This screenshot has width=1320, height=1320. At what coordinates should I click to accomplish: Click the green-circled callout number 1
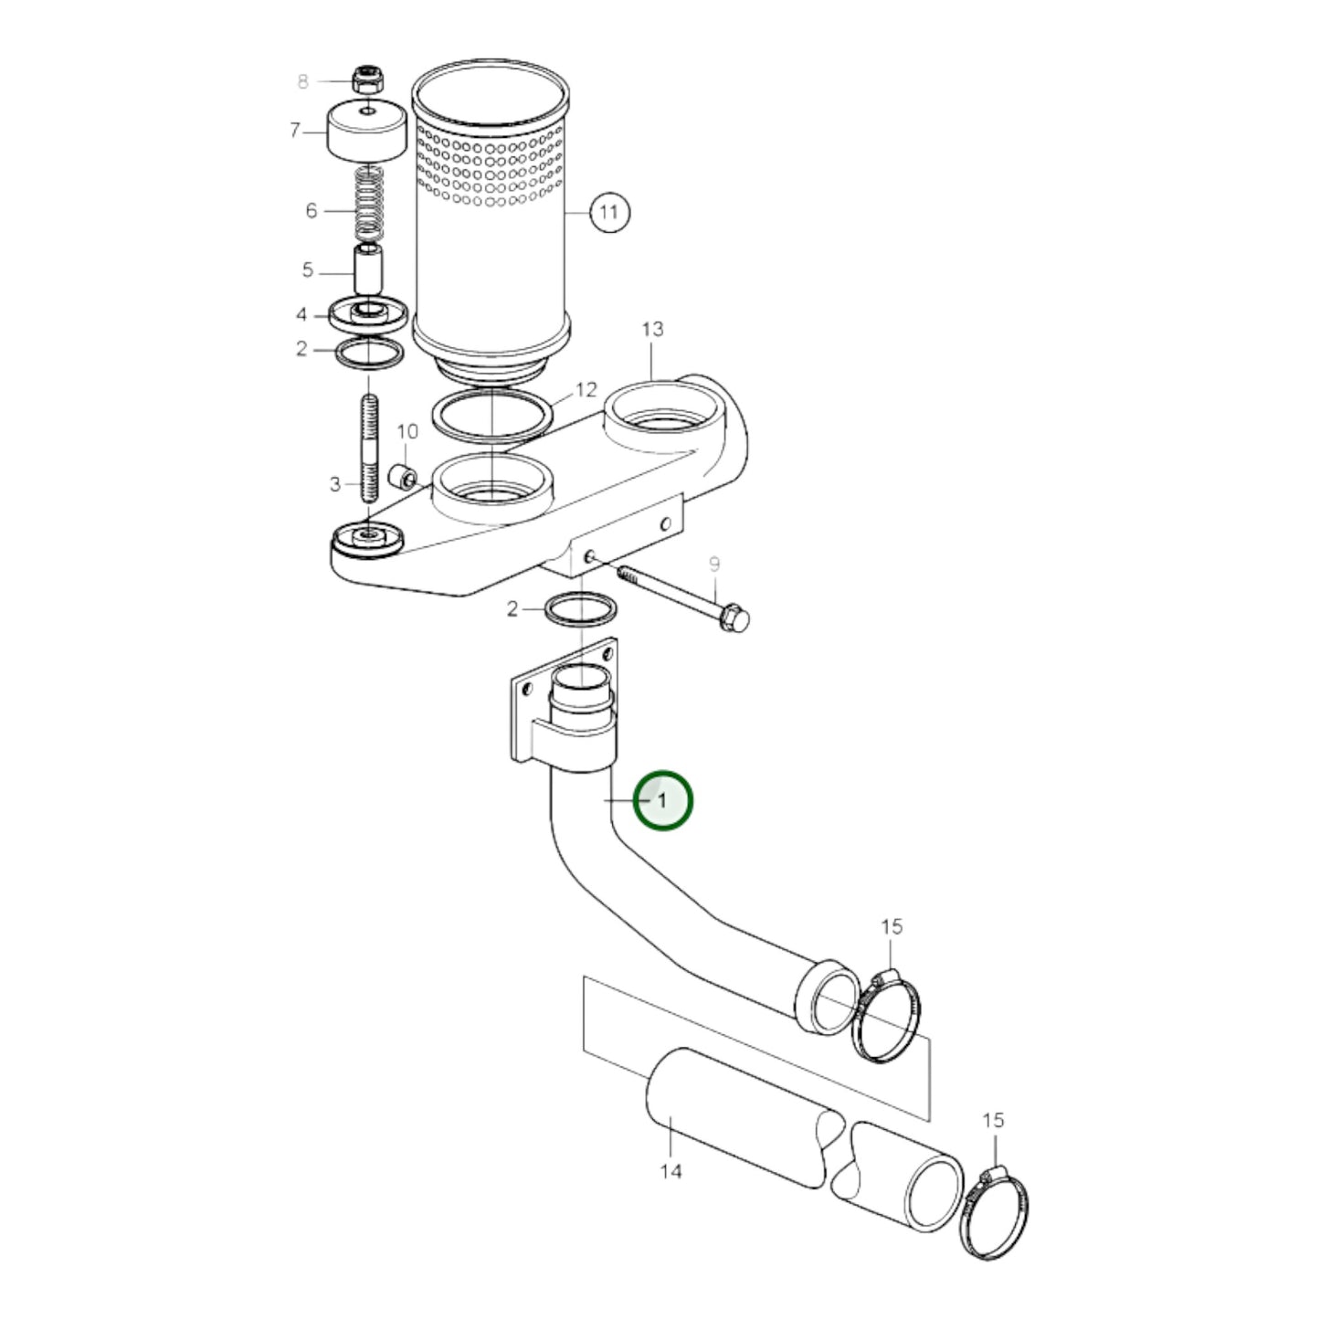(x=664, y=801)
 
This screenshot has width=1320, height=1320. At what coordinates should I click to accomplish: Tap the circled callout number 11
(x=608, y=213)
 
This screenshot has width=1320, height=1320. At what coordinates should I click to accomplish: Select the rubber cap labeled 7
(x=366, y=132)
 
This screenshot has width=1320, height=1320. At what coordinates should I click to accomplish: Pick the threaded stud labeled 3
(x=368, y=448)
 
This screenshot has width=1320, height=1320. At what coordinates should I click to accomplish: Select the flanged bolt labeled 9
(x=685, y=597)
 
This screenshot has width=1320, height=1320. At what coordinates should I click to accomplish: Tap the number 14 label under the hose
(x=671, y=1171)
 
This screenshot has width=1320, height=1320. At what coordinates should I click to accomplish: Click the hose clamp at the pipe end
(x=885, y=1016)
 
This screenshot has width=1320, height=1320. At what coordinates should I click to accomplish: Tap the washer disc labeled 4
(x=368, y=315)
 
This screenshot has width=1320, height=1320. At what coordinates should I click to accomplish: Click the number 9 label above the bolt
(x=714, y=565)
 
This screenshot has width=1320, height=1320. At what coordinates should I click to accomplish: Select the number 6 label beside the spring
(x=312, y=211)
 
